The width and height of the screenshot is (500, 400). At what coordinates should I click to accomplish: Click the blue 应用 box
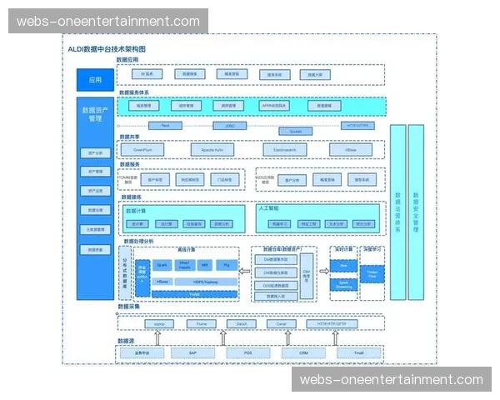(95, 80)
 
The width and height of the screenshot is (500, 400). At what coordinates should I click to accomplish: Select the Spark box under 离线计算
(163, 264)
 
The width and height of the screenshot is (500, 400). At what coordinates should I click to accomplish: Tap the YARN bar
(193, 294)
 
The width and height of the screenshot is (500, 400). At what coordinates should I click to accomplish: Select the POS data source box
(248, 352)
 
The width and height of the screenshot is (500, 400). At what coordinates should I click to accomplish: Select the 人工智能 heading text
(268, 207)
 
